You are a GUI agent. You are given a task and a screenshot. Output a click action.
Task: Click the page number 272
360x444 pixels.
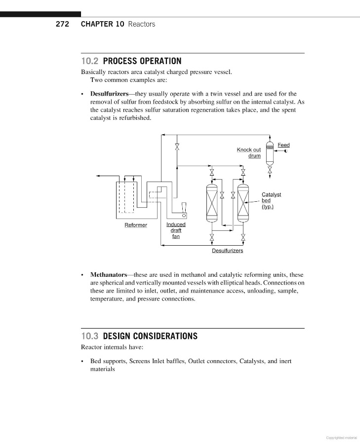point(62,24)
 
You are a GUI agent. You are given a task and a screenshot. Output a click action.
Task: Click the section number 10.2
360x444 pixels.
point(90,61)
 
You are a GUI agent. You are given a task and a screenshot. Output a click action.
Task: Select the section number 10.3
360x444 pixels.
point(90,336)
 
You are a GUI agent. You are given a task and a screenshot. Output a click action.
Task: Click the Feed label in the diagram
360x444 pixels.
point(283,145)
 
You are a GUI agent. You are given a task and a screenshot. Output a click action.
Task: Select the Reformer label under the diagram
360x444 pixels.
point(135,225)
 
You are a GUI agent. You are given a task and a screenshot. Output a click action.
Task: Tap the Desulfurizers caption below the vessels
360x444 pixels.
point(227,251)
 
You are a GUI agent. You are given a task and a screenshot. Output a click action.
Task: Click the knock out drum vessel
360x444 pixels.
point(270,153)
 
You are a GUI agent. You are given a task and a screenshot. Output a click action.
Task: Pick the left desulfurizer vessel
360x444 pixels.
point(212,203)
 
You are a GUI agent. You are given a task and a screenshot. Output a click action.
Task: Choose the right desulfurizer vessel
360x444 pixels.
point(243,203)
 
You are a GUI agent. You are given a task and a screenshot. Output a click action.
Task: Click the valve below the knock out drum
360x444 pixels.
point(270,169)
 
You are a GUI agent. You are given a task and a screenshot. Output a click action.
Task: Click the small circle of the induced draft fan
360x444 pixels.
point(184,216)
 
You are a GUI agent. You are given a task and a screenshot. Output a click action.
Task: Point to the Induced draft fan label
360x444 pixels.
point(176,230)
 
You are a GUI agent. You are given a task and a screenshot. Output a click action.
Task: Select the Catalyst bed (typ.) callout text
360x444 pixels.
point(271,200)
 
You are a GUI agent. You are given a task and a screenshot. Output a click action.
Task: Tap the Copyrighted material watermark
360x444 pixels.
point(342,438)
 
